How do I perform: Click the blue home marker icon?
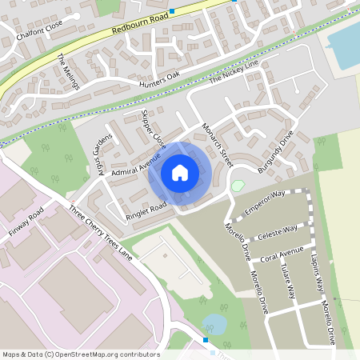pyautogui.click(x=180, y=172)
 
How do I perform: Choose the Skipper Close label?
pyautogui.click(x=152, y=129)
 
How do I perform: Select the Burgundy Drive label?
pyautogui.click(x=276, y=151)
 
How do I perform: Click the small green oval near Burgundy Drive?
pyautogui.click(x=237, y=185)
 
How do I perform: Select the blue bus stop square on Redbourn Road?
pyautogui.click(x=172, y=11)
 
